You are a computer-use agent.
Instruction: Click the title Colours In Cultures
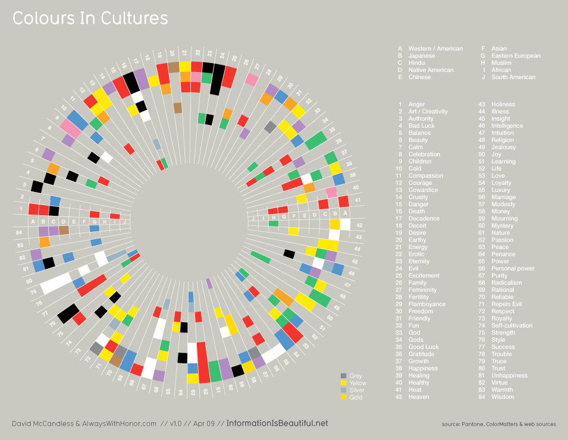(x=90, y=19)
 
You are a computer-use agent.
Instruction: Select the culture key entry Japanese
(x=421, y=56)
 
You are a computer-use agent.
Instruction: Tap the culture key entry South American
(x=513, y=77)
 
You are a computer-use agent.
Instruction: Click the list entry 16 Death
(x=416, y=212)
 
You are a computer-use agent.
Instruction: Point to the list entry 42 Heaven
(x=418, y=397)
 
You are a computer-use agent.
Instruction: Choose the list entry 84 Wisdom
(x=502, y=397)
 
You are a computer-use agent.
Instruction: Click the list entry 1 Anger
(x=416, y=105)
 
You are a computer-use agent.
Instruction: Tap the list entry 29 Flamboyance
(x=426, y=304)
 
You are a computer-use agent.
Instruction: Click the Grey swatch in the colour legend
(x=343, y=376)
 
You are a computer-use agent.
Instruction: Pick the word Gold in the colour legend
(x=356, y=397)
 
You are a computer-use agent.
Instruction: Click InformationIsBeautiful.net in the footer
(x=277, y=423)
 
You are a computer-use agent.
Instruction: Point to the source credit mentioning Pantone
(x=498, y=425)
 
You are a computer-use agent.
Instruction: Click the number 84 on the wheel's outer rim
(x=20, y=232)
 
